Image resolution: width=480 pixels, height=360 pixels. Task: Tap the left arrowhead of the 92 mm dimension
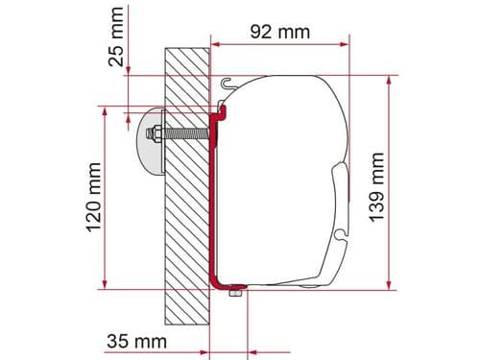217,43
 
